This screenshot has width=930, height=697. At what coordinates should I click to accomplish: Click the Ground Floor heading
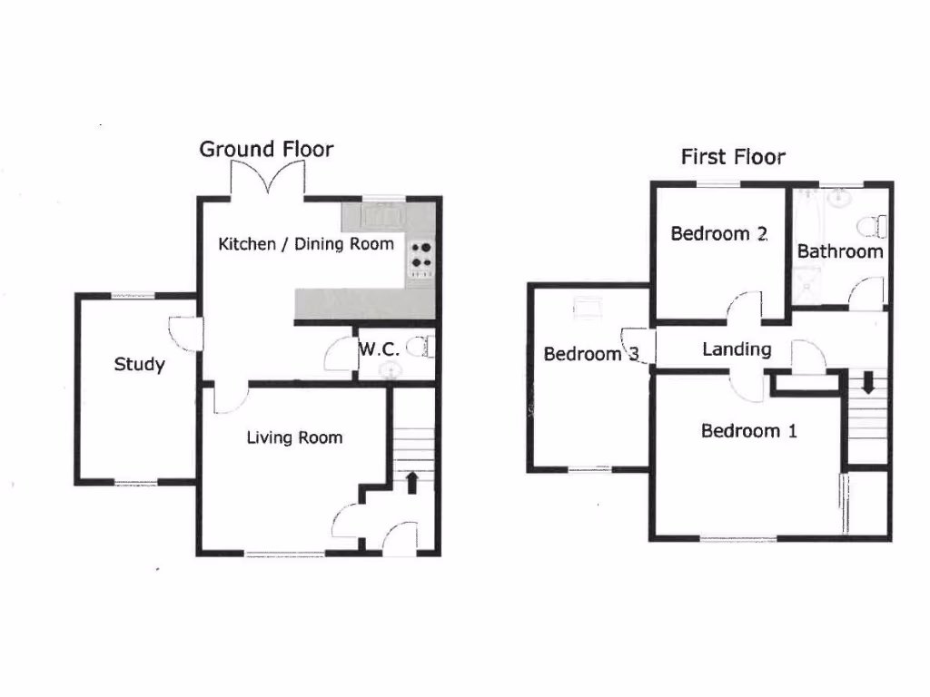pyautogui.click(x=266, y=149)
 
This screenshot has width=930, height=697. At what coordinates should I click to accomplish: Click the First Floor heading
pyautogui.click(x=733, y=156)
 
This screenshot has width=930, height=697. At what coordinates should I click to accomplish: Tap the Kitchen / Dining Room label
pyautogui.click(x=306, y=243)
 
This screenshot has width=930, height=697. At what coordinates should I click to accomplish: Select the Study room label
pyautogui.click(x=139, y=365)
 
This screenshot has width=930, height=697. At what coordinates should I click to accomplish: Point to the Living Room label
pyautogui.click(x=294, y=437)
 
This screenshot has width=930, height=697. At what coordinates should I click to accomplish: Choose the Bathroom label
pyautogui.click(x=840, y=251)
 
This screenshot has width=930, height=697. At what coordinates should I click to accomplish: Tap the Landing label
pyautogui.click(x=737, y=348)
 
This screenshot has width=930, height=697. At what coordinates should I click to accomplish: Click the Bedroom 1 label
pyautogui.click(x=748, y=430)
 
